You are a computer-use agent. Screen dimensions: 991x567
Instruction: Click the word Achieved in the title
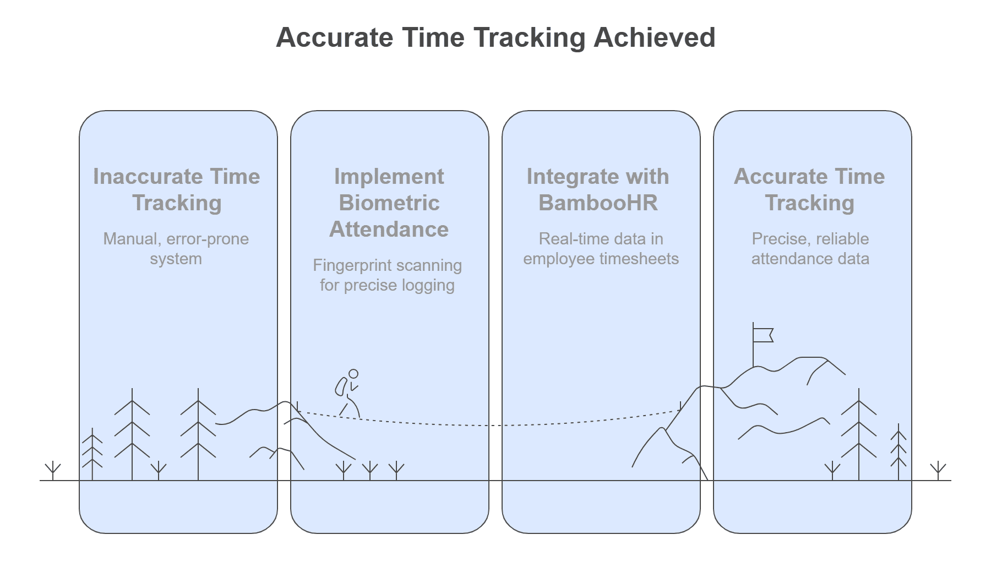tap(654, 37)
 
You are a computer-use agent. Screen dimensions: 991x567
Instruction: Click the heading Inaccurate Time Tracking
tap(177, 189)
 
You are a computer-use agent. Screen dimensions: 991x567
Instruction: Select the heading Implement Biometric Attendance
tap(389, 203)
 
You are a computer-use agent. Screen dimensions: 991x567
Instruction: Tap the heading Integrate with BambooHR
tap(598, 189)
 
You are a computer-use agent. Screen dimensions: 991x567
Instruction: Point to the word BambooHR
tap(598, 203)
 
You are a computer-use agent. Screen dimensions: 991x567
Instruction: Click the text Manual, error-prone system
tap(176, 249)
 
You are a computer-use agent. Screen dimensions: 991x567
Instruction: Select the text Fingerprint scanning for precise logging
tap(388, 275)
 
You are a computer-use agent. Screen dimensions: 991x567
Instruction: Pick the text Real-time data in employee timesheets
tap(601, 249)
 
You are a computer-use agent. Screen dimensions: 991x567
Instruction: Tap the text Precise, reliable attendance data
tap(810, 249)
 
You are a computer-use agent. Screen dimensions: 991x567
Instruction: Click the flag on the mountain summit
tap(763, 335)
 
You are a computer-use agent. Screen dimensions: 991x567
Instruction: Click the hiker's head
tap(353, 374)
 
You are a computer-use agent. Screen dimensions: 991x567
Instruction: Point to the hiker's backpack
tap(341, 386)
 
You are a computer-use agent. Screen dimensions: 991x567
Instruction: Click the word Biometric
tap(389, 203)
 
